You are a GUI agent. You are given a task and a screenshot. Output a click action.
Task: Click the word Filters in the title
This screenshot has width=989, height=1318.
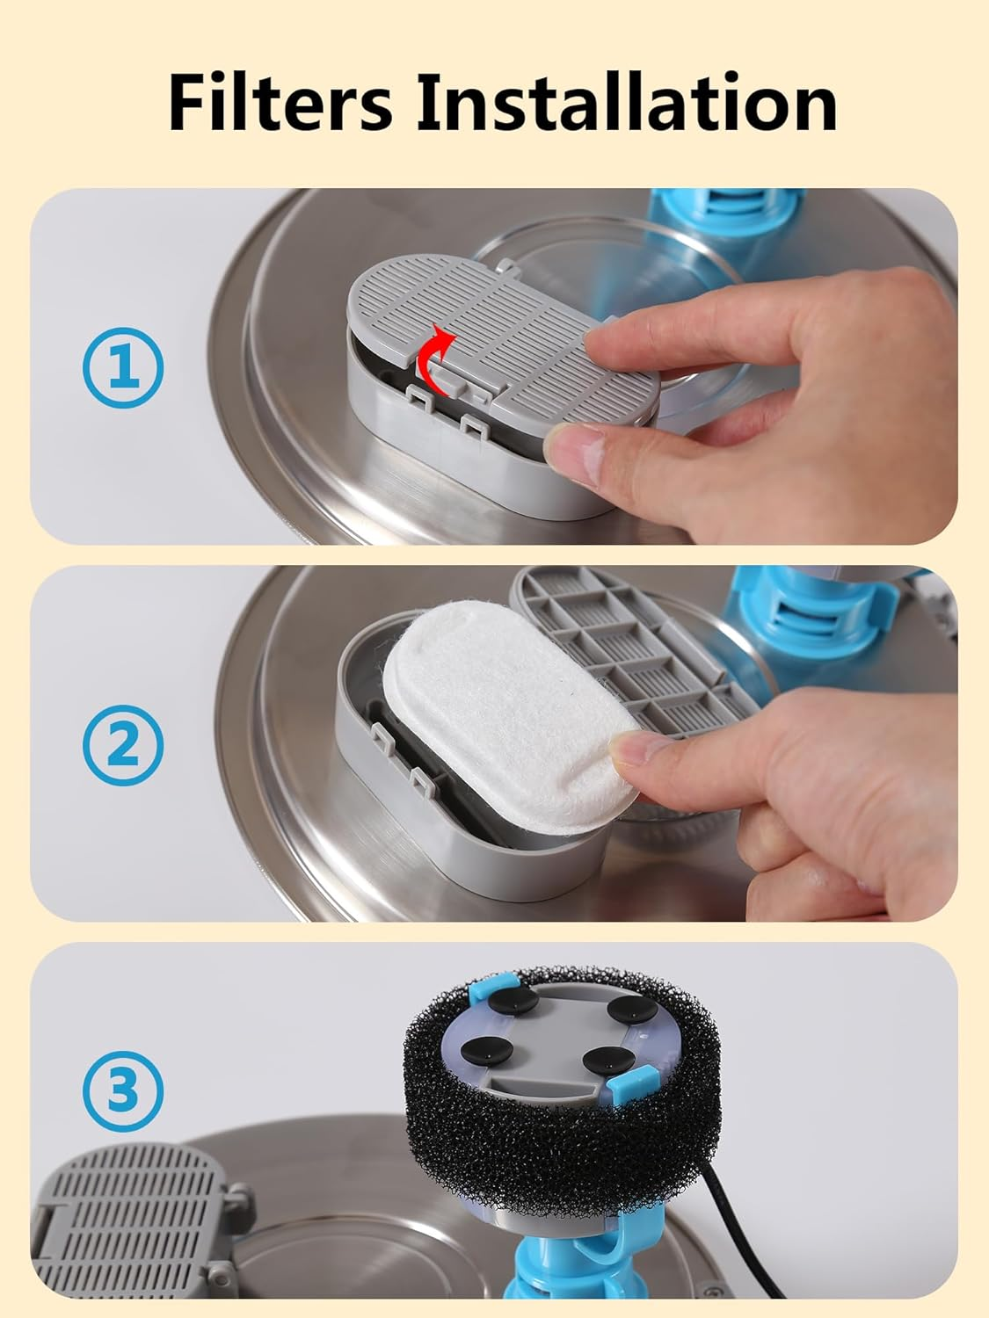pyautogui.click(x=280, y=101)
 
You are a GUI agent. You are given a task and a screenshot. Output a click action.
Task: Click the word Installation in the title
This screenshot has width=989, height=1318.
pyautogui.click(x=627, y=101)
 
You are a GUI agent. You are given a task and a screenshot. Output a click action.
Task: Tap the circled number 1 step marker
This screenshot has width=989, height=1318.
pyautogui.click(x=123, y=367)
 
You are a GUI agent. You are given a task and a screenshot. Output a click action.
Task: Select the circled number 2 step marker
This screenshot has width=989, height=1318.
pyautogui.click(x=123, y=745)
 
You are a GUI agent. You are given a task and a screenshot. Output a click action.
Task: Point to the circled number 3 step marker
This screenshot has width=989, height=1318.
pyautogui.click(x=123, y=1090)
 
